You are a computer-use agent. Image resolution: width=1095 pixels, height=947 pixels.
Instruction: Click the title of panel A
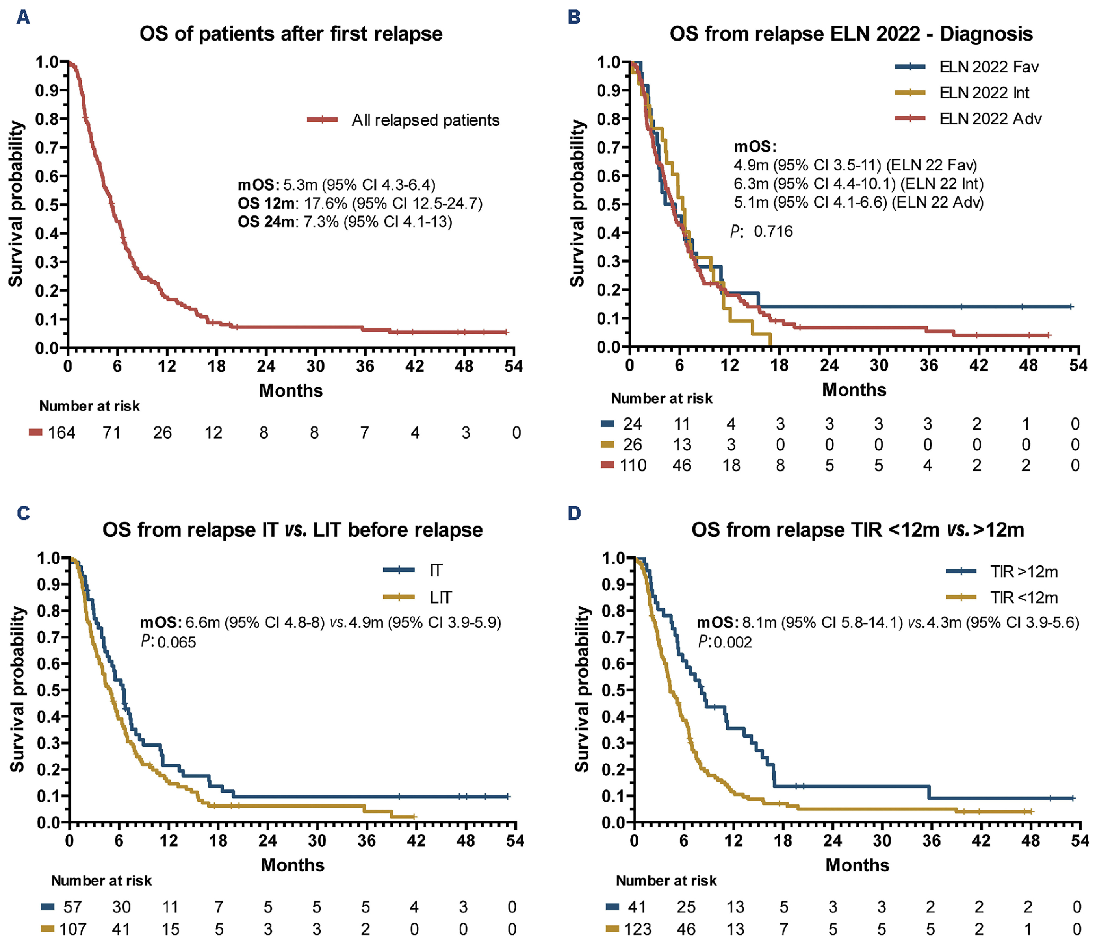pos(291,34)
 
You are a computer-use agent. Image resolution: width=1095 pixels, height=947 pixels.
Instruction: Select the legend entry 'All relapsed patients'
pos(425,120)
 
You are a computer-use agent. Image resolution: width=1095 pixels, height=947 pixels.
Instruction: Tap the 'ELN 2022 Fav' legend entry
pos(988,67)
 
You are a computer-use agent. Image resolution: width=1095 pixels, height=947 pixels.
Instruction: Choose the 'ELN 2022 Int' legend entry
pos(984,93)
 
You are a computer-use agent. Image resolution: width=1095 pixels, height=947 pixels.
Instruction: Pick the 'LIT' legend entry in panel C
pos(440,598)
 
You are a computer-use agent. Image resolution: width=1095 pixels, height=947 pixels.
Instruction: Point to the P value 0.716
pos(772,232)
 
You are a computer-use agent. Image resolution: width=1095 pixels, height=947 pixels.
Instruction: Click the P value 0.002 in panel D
pos(732,642)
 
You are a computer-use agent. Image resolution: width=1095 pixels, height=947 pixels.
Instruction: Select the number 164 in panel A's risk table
pos(61,434)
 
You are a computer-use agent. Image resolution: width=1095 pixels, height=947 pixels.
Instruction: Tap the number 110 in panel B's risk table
pos(633,465)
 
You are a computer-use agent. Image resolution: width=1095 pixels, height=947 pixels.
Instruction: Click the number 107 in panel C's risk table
pos(72,929)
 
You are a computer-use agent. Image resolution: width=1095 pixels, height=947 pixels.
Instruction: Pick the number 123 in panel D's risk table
pos(637,929)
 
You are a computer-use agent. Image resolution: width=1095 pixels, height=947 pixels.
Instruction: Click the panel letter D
pos(574,513)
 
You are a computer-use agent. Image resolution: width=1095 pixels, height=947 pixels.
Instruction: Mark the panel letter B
pos(574,17)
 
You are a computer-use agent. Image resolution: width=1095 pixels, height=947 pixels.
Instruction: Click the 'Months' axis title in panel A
pos(291,391)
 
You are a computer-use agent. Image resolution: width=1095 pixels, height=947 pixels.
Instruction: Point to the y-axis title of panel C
pos(17,689)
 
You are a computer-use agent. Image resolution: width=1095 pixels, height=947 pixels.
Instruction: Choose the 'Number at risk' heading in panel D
pos(666,880)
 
